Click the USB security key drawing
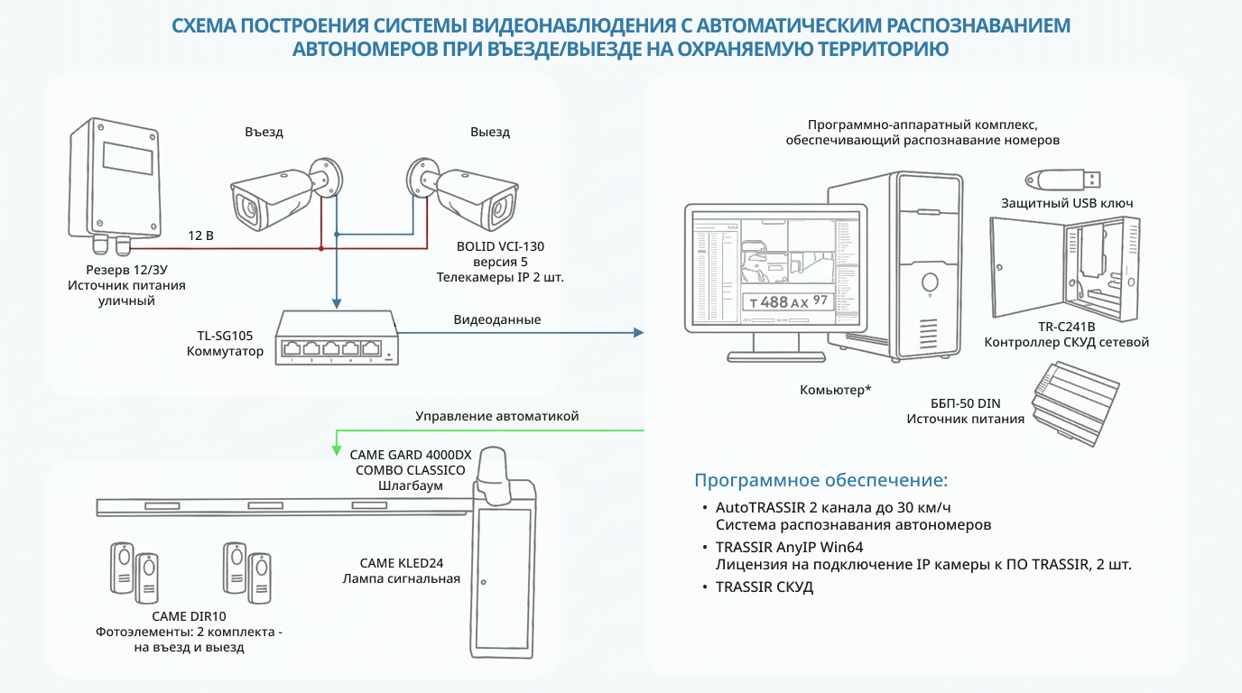coord(1062,179)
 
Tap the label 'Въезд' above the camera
coord(264,132)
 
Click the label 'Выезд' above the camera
coord(490,132)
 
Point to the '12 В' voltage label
coord(200,236)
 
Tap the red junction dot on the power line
coord(321,248)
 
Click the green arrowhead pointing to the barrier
coord(336,450)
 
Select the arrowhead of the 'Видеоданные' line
coord(638,333)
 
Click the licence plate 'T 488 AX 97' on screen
coord(789,302)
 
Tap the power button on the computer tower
coord(930,282)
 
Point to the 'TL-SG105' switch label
coord(225,336)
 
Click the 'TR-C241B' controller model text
coord(1066,327)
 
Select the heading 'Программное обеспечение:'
coord(821,480)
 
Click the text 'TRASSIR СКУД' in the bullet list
coord(764,587)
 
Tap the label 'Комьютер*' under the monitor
coord(835,391)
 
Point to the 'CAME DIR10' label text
coord(189,616)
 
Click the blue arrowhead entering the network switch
coord(336,303)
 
